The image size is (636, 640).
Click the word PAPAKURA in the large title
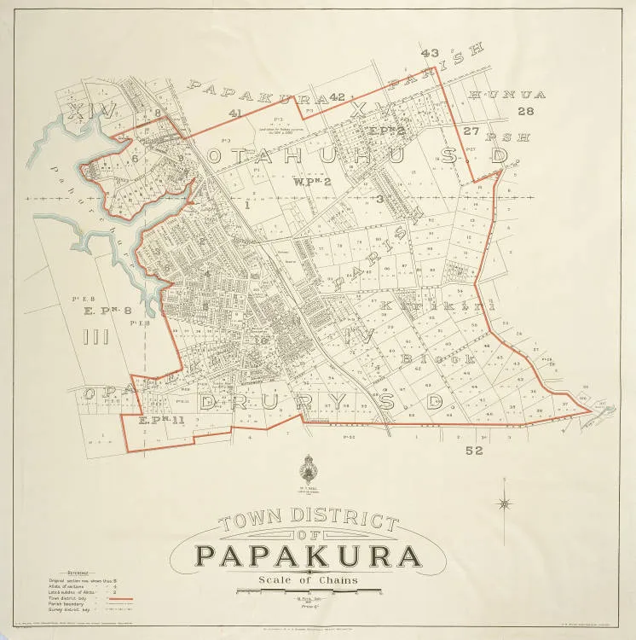[309, 556]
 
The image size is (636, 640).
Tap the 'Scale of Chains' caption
[309, 581]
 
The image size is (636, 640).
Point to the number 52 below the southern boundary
[475, 450]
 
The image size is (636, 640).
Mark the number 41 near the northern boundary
[235, 113]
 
